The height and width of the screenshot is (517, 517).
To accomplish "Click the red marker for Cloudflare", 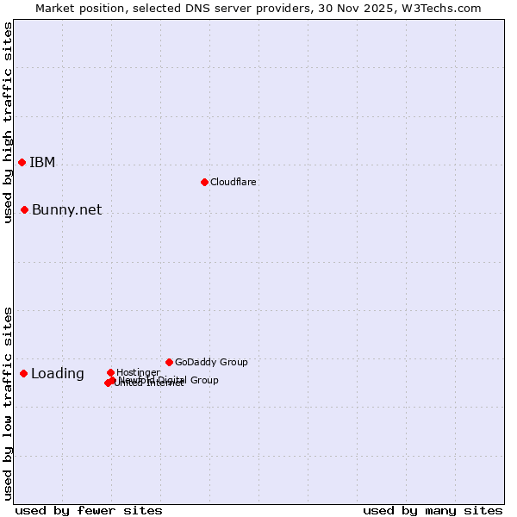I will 204,182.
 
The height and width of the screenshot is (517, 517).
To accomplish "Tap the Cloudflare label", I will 234,183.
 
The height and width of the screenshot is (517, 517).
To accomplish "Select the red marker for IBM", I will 22,162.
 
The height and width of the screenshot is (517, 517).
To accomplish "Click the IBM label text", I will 42,163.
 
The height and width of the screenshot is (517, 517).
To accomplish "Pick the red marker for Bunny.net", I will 25,209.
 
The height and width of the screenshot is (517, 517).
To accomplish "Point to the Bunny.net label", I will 66,210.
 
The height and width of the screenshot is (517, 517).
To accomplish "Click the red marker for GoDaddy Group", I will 169,362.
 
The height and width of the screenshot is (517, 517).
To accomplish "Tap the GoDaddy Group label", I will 211,363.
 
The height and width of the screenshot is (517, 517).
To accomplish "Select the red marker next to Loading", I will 23,373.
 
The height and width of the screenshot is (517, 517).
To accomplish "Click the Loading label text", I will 58,374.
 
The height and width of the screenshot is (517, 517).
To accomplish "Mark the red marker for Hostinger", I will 110,372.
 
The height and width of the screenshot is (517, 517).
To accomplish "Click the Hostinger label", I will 138,372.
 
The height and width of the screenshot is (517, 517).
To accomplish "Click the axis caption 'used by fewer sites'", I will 89,510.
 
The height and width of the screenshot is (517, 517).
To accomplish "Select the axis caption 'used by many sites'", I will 433,510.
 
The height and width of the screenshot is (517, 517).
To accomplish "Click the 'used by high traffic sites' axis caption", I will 8,122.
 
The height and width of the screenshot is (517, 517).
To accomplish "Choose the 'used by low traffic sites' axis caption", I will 8,403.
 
